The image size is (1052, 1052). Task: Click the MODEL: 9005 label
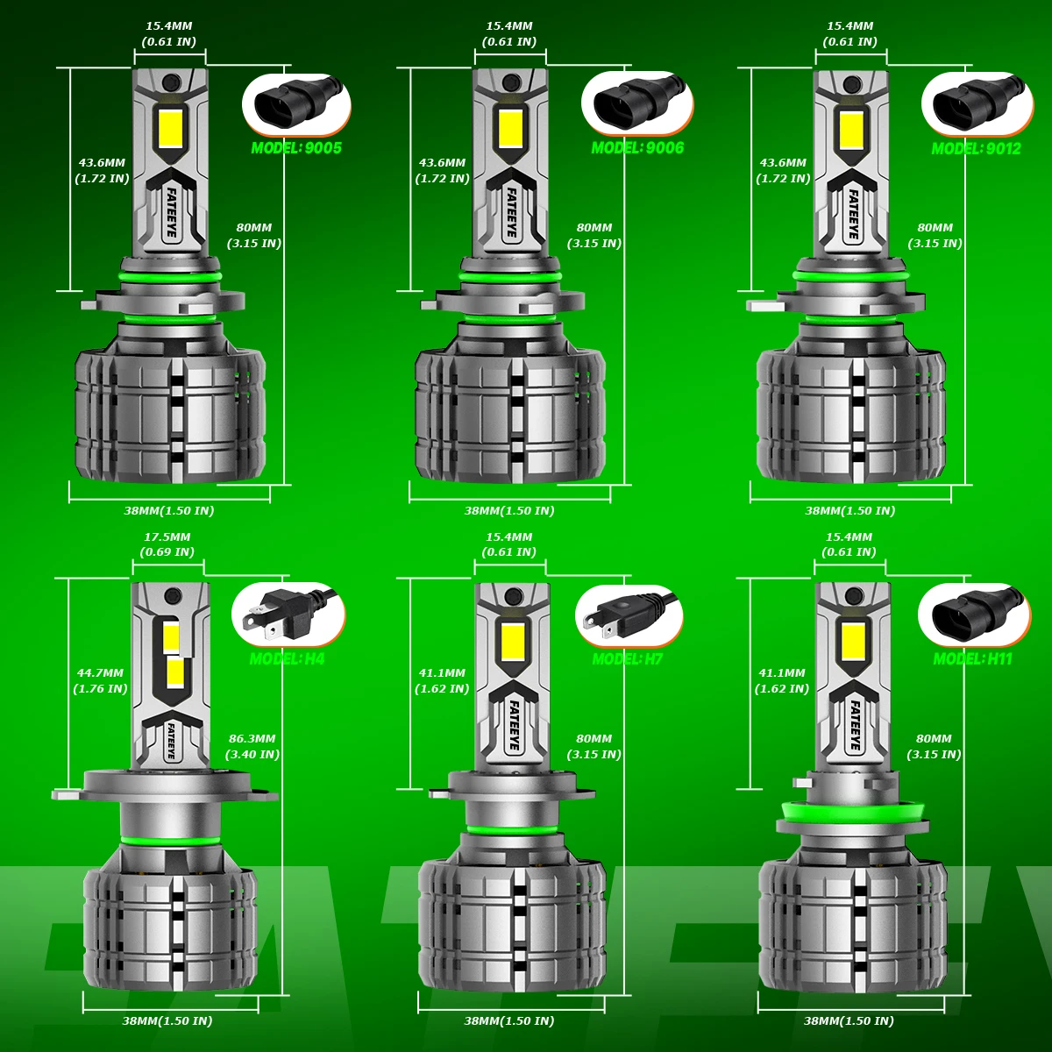click(x=296, y=147)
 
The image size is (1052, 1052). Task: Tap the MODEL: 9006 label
click(x=637, y=147)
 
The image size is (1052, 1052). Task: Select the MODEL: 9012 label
click(x=976, y=148)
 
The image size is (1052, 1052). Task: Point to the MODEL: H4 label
click(x=287, y=658)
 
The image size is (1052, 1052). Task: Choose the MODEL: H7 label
click(x=627, y=658)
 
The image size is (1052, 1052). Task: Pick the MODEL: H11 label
click(x=972, y=658)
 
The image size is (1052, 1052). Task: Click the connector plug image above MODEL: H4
click(x=287, y=614)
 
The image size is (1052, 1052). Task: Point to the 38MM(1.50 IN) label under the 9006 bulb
click(x=509, y=510)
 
